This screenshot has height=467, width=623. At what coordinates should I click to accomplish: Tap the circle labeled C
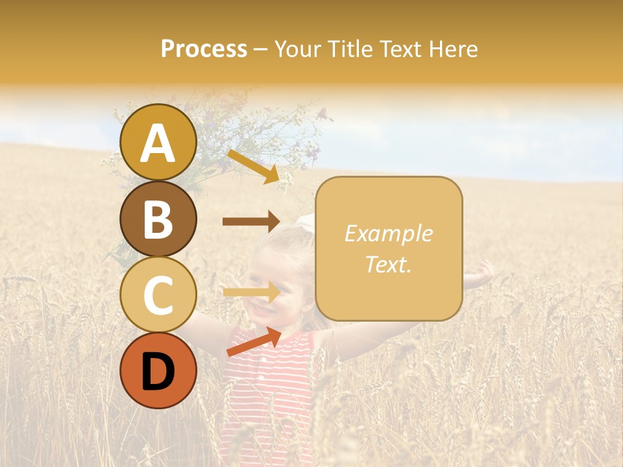(158, 294)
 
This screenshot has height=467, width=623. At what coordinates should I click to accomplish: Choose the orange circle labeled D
(158, 370)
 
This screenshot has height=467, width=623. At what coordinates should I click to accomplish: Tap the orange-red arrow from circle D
(254, 342)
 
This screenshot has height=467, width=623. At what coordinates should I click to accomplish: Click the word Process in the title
(204, 49)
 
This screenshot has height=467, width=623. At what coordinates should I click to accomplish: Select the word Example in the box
(389, 234)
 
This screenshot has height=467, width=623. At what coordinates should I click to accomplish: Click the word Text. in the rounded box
(389, 265)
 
